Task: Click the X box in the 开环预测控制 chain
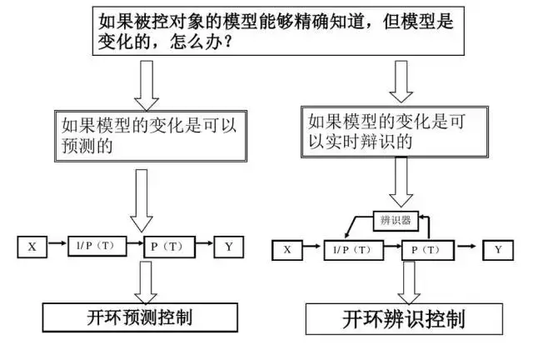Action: (x=32, y=247)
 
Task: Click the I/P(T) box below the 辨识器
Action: (x=356, y=249)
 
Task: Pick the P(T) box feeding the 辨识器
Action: (x=427, y=249)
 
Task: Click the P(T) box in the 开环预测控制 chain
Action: (x=167, y=247)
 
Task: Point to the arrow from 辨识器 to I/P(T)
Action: (x=354, y=225)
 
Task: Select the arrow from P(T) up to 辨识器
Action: (x=426, y=227)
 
